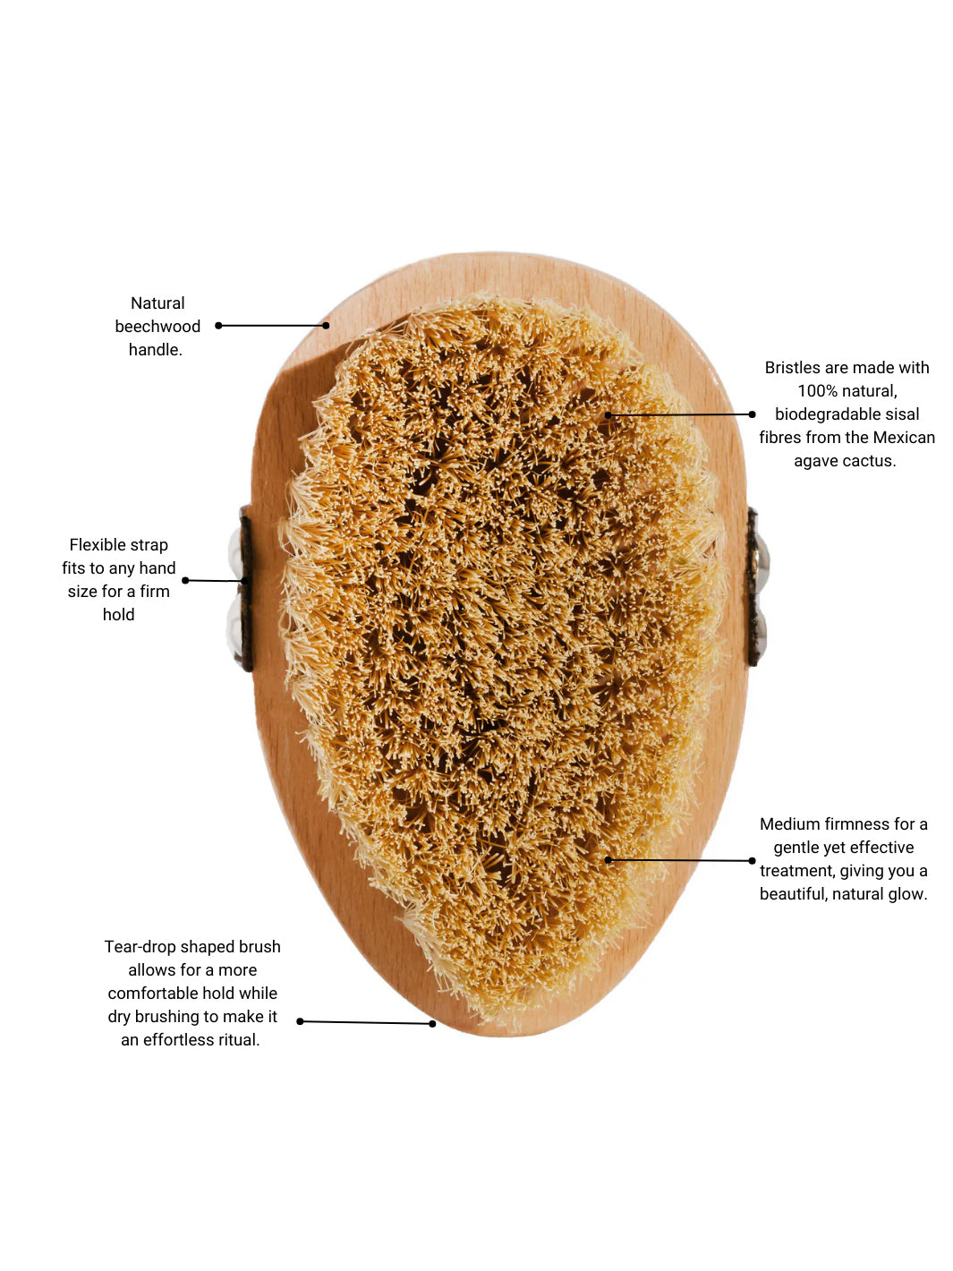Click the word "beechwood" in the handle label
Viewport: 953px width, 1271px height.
[157, 327]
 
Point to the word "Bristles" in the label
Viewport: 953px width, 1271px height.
[792, 368]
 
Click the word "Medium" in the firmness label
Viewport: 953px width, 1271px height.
[788, 824]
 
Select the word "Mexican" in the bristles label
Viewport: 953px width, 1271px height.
[904, 438]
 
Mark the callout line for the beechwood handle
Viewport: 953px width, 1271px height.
[273, 326]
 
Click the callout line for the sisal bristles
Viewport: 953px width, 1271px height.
[680, 414]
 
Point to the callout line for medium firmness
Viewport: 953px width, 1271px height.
[680, 860]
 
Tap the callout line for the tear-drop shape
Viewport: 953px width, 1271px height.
[367, 1022]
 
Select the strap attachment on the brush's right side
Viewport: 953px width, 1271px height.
[754, 586]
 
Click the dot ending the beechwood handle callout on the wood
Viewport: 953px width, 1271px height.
[327, 326]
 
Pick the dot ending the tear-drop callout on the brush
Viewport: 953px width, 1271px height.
[433, 1024]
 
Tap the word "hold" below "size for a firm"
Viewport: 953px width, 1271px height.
[118, 615]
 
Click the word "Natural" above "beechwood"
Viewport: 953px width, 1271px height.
[157, 303]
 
